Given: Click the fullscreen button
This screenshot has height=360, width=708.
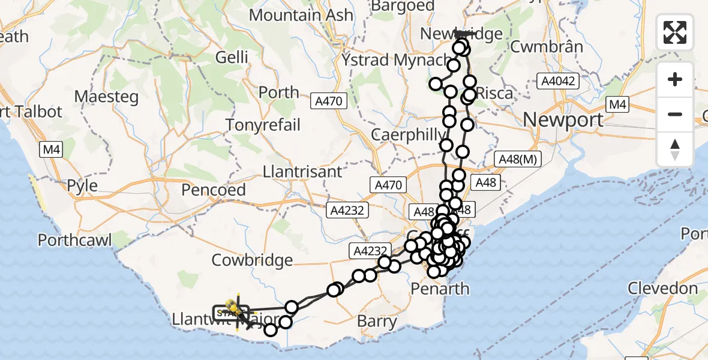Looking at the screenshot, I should [x=675, y=32].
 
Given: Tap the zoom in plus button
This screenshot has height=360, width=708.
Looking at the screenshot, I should [x=675, y=79].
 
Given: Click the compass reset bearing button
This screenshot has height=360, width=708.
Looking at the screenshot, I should [x=675, y=149].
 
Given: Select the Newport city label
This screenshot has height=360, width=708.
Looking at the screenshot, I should [x=563, y=119].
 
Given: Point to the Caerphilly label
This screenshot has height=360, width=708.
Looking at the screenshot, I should [x=409, y=134].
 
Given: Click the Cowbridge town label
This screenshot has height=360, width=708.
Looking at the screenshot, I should [x=252, y=260].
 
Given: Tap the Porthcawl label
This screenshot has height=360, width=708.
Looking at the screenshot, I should [x=75, y=241].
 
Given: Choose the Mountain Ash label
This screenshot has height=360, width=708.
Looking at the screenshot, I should [x=301, y=15].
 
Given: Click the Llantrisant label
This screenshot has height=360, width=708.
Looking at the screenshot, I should [x=302, y=172].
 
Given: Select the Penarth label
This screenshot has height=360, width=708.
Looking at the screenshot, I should [x=440, y=289].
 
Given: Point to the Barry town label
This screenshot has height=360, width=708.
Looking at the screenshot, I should [x=377, y=321].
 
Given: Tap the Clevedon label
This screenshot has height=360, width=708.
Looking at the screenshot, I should [x=663, y=289].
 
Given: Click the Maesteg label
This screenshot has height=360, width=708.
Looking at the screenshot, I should [x=106, y=97].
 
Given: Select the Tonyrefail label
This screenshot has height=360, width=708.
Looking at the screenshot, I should [x=263, y=125].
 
